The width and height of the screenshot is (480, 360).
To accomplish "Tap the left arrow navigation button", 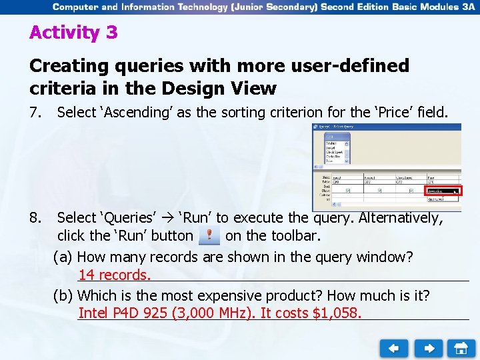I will pos(394,348).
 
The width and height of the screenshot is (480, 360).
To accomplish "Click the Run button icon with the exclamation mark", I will pos(209,235).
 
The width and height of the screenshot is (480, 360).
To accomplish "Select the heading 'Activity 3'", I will pos(73,33).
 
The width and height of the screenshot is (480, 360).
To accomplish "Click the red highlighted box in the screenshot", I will pos(443,191).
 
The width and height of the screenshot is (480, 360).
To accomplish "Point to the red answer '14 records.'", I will pos(115,275).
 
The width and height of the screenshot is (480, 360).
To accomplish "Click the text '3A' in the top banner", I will pos(467,7).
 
